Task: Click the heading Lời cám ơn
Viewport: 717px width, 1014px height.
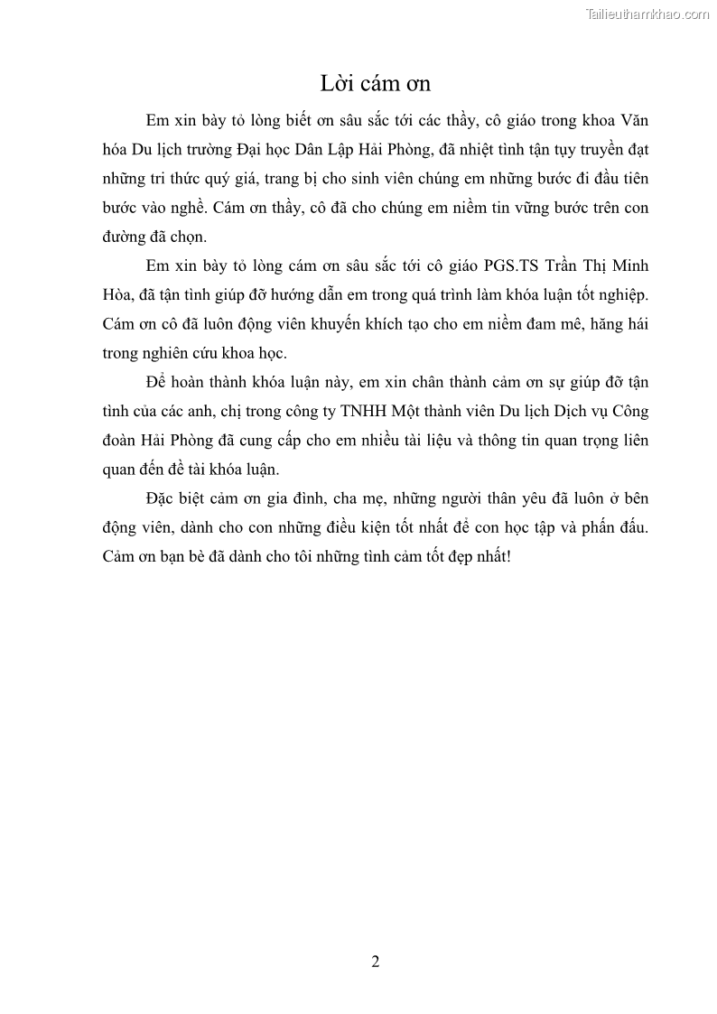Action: [376, 84]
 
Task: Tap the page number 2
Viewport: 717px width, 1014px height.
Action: [376, 962]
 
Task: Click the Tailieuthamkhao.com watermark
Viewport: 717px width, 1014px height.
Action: [647, 14]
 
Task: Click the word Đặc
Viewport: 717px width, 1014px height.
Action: [163, 498]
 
